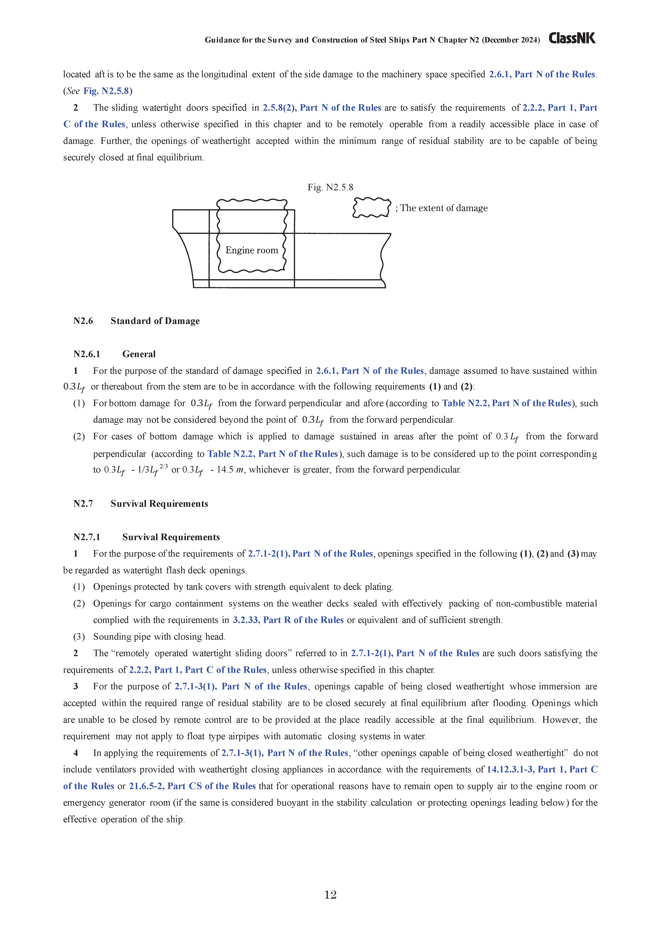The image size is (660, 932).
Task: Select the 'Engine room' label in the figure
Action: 252,250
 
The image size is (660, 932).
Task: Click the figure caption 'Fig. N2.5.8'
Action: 330,187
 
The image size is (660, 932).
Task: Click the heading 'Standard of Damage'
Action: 155,321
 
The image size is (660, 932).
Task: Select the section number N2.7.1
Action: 87,537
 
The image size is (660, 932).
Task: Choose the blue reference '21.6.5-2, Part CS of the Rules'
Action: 192,786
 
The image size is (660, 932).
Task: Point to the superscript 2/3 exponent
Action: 164,466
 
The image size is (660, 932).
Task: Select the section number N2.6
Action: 83,321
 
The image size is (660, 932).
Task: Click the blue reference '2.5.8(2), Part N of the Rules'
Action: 322,108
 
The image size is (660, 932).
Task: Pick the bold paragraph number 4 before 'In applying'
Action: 76,753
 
